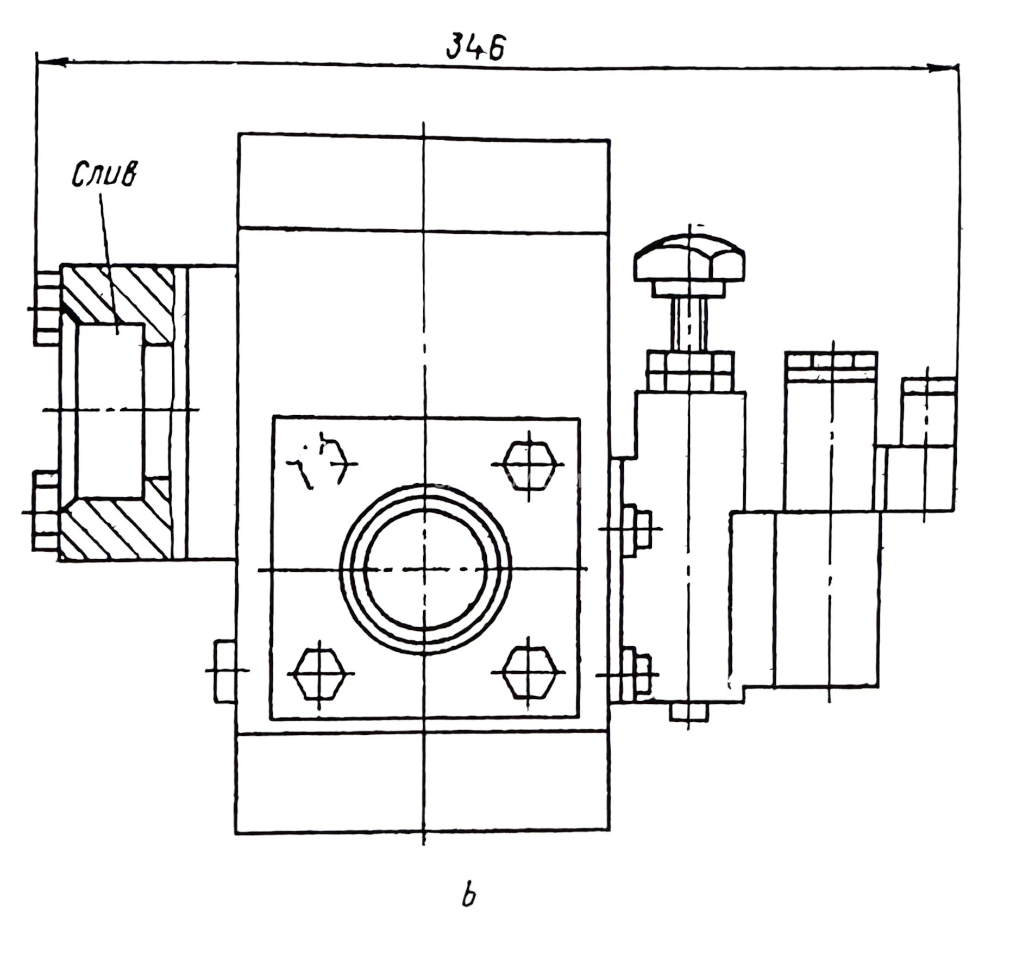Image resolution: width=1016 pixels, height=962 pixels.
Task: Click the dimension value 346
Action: [x=475, y=47]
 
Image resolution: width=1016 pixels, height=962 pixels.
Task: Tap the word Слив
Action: [x=104, y=174]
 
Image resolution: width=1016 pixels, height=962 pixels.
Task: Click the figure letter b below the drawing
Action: [x=468, y=896]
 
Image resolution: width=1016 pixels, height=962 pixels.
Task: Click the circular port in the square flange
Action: [x=424, y=569]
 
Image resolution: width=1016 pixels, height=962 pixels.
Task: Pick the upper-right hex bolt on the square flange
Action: [x=529, y=465]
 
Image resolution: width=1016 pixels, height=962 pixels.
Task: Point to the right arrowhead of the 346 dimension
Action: [x=943, y=68]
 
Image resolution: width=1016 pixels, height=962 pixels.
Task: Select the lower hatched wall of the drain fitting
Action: [x=117, y=530]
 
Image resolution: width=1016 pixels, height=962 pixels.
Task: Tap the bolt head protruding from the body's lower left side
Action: [x=224, y=672]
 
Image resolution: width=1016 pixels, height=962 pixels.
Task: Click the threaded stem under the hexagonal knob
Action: [x=689, y=324]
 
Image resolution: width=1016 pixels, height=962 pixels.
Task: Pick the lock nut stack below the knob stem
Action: [x=690, y=371]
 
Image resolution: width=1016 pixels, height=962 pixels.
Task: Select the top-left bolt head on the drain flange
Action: [x=47, y=308]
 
